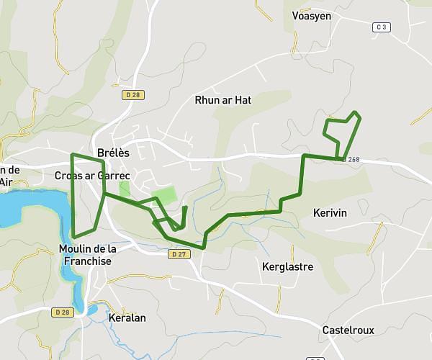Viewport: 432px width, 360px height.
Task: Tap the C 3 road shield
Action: (x=382, y=27)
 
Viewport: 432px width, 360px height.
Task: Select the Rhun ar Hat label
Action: (x=223, y=100)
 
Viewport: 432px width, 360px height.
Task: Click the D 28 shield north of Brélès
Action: (x=131, y=94)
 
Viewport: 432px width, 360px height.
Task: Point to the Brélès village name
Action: (x=113, y=152)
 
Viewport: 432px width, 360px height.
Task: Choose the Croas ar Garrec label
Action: (x=91, y=175)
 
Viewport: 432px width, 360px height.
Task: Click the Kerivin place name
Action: (x=330, y=213)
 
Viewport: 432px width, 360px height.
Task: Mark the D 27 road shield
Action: (x=179, y=253)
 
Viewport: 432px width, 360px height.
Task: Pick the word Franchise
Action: (x=87, y=261)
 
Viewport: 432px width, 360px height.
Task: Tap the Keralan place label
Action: (x=127, y=317)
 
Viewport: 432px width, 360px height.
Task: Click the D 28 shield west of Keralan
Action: (x=63, y=312)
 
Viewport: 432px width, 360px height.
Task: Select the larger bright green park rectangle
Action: (x=165, y=195)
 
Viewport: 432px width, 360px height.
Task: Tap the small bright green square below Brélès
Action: (x=125, y=188)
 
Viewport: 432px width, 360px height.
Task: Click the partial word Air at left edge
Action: (x=6, y=182)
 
